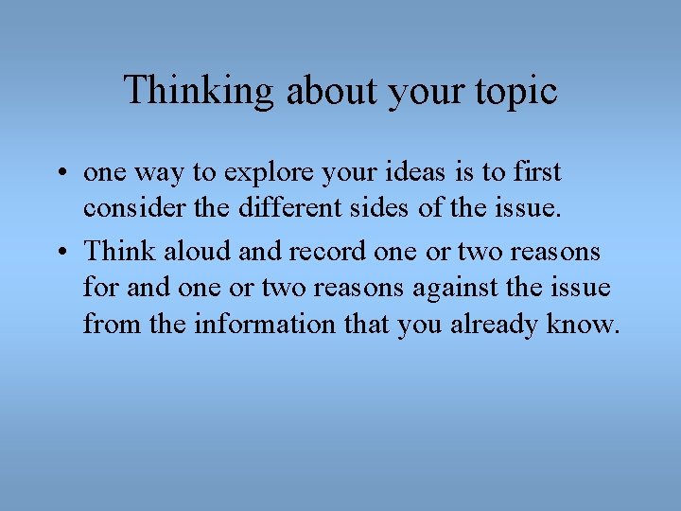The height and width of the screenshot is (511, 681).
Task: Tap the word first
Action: (x=534, y=172)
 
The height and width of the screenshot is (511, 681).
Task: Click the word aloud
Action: (x=195, y=252)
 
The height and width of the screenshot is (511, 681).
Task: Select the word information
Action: (x=265, y=325)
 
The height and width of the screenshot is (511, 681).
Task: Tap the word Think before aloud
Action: (x=120, y=252)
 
